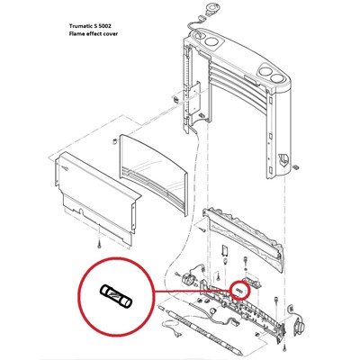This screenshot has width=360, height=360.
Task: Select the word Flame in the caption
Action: [x=76, y=33]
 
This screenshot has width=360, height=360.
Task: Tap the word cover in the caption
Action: [x=111, y=33]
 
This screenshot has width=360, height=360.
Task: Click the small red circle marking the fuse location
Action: [x=239, y=290]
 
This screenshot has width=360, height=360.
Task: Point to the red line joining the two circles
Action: [x=192, y=291]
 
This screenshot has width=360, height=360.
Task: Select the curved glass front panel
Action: [x=154, y=174]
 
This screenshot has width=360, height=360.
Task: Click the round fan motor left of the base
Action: [x=190, y=280]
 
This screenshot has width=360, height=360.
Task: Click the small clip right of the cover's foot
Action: [x=296, y=166]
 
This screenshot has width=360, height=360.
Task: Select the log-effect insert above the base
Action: [x=243, y=239]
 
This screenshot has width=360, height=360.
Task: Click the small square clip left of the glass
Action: [x=114, y=141]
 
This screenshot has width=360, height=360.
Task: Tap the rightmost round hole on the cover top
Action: [x=276, y=77]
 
